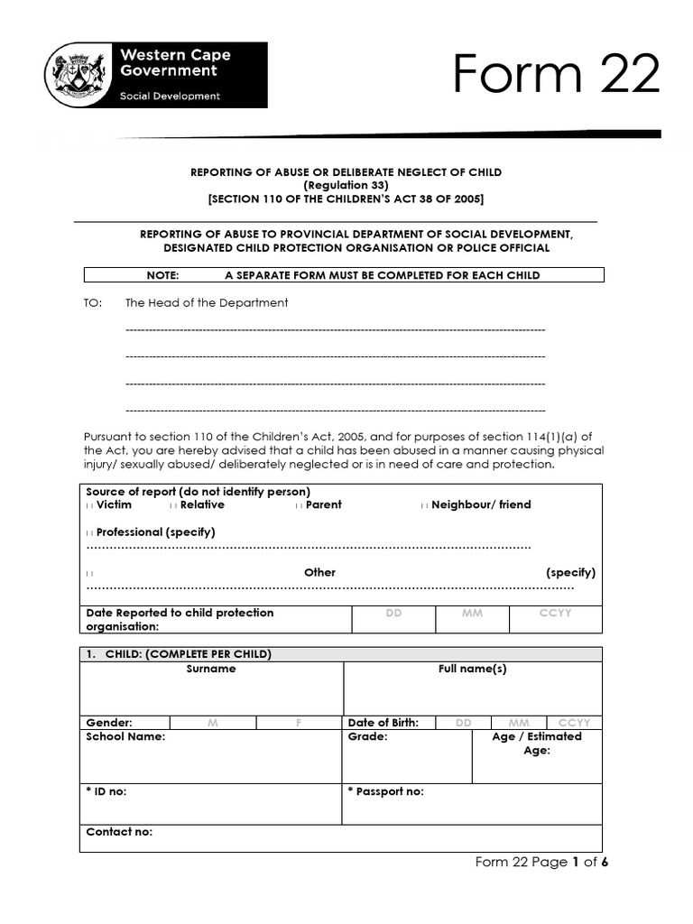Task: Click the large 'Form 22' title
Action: (x=556, y=74)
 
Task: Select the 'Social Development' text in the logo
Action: (x=171, y=97)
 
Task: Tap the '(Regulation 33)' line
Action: (x=346, y=185)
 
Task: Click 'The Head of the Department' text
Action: (x=207, y=303)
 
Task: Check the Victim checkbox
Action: (x=89, y=505)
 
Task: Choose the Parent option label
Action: (x=323, y=505)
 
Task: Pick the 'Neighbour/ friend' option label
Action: (x=481, y=505)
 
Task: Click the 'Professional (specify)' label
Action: (x=155, y=532)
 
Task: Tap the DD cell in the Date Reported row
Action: (x=393, y=614)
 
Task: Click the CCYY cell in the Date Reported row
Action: (x=554, y=614)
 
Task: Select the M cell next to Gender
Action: (x=212, y=723)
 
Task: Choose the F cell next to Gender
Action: (x=298, y=723)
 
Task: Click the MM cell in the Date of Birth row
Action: (x=519, y=723)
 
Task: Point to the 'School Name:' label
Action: (x=125, y=737)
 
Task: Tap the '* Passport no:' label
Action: (x=385, y=791)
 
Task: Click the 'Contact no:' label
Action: (x=119, y=832)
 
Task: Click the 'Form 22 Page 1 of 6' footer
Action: (x=542, y=863)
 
